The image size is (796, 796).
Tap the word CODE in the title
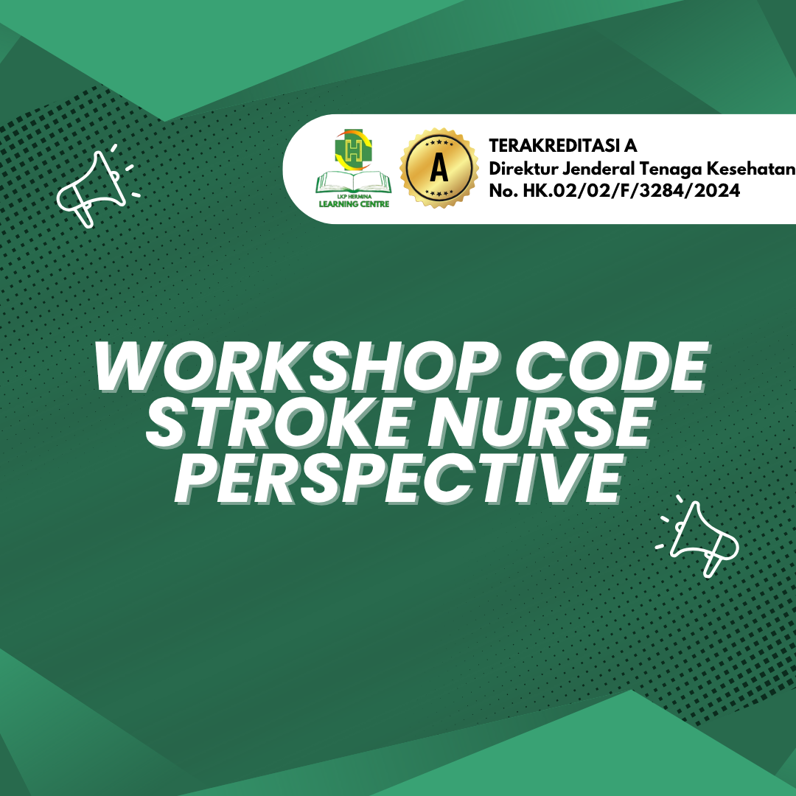coord(612,366)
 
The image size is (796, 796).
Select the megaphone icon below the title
coord(697,537)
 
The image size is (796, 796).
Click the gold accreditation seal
coord(439,167)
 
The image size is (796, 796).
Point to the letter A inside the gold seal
coord(439,167)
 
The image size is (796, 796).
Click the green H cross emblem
coord(353,150)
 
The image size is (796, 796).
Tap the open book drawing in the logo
coord(353,182)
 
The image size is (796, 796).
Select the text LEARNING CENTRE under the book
coord(354,204)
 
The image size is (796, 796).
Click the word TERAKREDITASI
coord(554,146)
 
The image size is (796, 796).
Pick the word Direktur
coord(523,168)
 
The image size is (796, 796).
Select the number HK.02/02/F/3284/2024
coord(632,191)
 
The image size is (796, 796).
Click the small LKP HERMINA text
coord(355,197)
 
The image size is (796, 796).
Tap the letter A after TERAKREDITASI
coord(630,146)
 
